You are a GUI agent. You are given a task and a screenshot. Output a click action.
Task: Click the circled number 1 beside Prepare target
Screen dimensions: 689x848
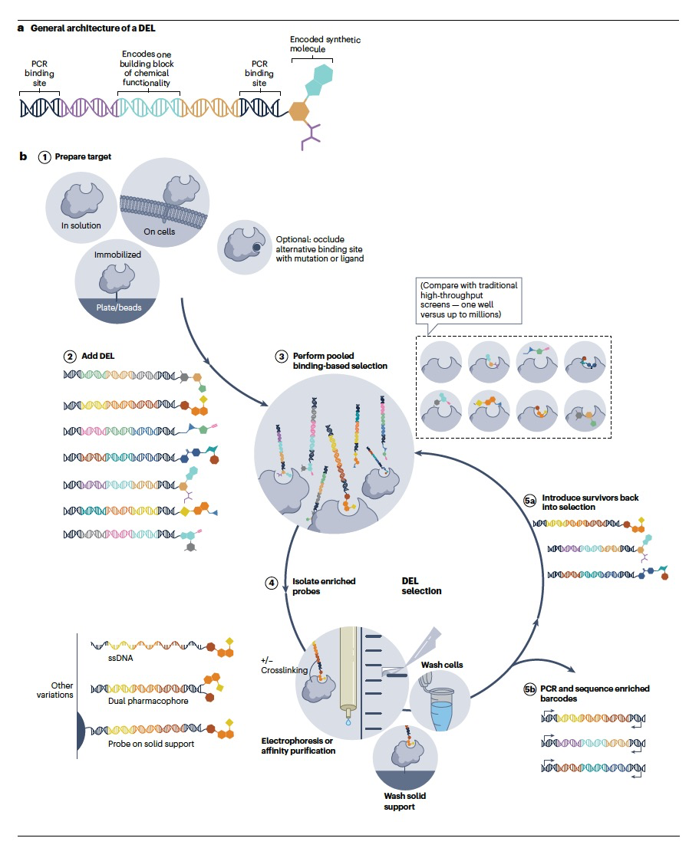point(45,157)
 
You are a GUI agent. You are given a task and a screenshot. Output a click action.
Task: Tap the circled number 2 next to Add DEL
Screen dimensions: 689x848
point(70,357)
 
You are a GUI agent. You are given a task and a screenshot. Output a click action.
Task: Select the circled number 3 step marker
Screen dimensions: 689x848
point(282,357)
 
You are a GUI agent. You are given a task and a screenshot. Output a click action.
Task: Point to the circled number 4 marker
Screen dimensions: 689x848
point(271,583)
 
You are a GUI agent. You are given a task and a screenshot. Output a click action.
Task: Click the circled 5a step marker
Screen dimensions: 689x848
point(530,501)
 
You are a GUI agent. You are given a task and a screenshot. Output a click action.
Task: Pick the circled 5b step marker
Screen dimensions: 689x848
point(530,689)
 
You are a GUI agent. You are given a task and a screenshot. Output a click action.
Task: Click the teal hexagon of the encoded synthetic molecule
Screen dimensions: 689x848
point(322,74)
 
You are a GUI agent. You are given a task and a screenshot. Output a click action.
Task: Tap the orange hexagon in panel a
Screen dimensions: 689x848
point(298,111)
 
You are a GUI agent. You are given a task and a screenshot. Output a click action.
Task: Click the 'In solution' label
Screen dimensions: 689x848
point(81,225)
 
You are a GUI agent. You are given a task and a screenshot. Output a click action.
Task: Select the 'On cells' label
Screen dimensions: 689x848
point(159,232)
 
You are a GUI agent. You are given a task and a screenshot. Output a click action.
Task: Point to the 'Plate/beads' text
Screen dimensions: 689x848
point(118,307)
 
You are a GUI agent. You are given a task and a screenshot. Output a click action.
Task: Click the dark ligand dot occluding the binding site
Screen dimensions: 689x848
point(256,248)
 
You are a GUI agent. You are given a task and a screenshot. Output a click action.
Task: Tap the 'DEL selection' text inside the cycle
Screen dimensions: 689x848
point(422,586)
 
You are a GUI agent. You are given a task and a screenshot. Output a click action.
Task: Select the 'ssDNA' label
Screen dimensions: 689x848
point(120,658)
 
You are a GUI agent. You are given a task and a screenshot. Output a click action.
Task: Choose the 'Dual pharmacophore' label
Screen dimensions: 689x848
point(148,701)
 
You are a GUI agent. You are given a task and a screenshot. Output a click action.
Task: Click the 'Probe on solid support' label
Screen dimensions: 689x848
point(151,744)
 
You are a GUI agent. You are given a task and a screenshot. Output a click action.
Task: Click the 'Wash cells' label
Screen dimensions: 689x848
point(442,665)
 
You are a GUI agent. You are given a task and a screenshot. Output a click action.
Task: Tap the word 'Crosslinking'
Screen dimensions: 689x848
point(284,670)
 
